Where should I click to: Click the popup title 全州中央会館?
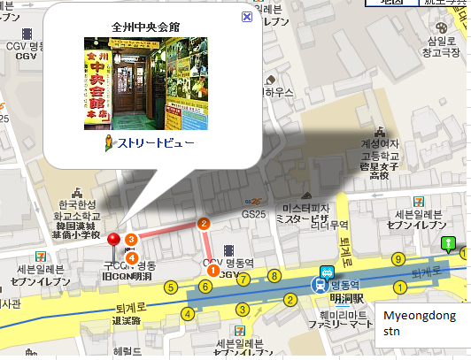144,27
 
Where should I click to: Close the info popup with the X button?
246,16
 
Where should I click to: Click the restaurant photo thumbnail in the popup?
144,83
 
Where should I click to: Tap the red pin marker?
113,240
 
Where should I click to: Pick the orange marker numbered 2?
204,223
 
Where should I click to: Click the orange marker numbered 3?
131,239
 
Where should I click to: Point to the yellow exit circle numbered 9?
399,258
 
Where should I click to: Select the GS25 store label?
253,213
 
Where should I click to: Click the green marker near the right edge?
449,243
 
